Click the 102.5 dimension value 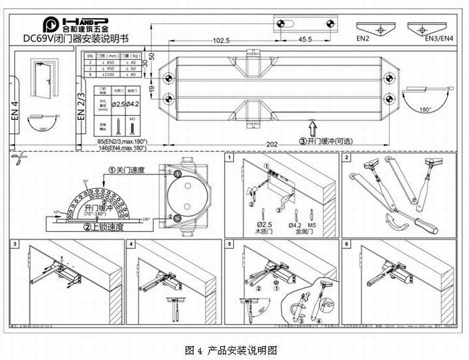[x=221, y=41]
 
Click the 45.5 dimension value [x=305, y=40]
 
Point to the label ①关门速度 [x=126, y=170]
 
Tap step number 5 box [x=229, y=244]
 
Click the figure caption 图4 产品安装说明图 [x=234, y=350]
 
